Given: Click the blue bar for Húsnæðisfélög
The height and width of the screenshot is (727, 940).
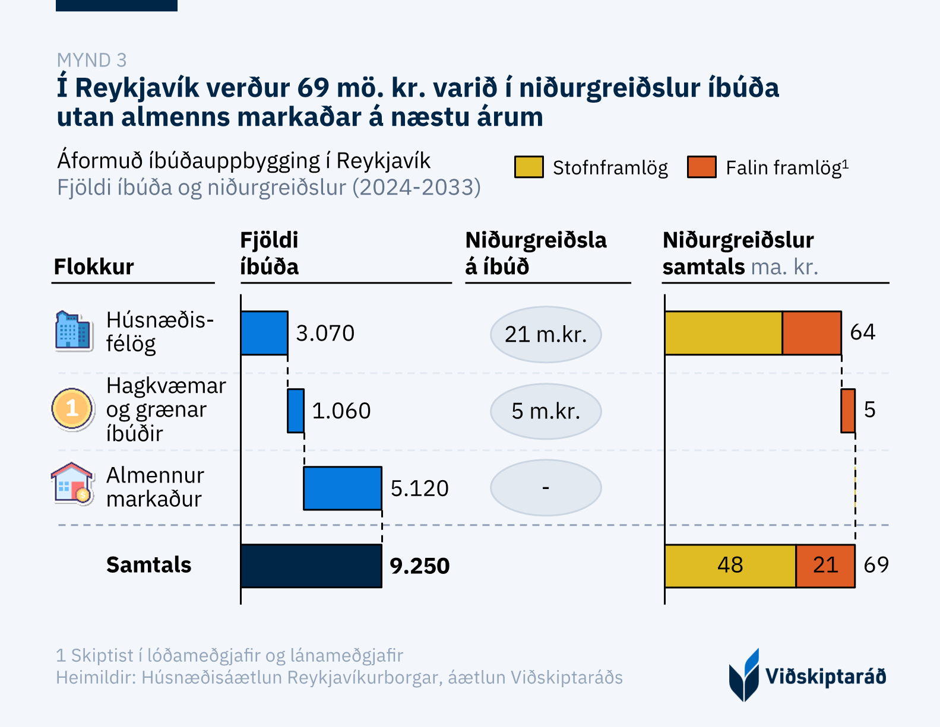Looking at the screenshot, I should tap(264, 333).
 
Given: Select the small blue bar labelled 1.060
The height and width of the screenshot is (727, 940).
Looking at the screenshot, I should tap(296, 411).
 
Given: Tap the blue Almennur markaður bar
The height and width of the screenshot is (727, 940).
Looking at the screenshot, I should tap(343, 488).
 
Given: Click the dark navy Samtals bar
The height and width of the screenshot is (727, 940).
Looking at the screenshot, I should tap(311, 566).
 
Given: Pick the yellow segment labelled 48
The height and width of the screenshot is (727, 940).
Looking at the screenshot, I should tap(730, 566).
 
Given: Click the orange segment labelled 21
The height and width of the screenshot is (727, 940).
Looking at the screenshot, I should tap(825, 566).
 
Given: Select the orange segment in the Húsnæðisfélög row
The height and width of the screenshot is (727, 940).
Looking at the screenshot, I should tap(812, 333).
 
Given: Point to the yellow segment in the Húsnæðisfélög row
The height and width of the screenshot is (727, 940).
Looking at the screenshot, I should tap(723, 333).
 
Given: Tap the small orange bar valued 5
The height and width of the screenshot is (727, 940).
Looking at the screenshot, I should tap(848, 411).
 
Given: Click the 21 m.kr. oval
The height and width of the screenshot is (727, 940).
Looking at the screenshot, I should tap(546, 335).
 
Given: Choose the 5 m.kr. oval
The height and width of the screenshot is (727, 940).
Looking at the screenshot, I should tap(546, 411).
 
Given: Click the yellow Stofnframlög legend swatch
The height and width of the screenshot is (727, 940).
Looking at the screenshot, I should tap(528, 167).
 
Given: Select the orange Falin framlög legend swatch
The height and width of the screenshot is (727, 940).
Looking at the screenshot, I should tap(701, 167).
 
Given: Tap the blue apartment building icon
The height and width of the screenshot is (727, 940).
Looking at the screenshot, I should tap(73, 331).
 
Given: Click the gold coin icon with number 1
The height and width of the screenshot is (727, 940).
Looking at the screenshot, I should tap(72, 408).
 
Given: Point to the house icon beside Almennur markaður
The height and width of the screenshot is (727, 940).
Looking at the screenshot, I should tap(72, 484).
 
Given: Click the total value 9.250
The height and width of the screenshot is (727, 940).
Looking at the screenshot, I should tap(419, 566).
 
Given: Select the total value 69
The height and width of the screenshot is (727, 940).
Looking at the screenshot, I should tap(876, 565).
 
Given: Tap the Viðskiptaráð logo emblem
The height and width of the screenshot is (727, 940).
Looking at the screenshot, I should tap(744, 675).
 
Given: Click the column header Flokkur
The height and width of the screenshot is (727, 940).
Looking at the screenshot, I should tap(94, 267).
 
